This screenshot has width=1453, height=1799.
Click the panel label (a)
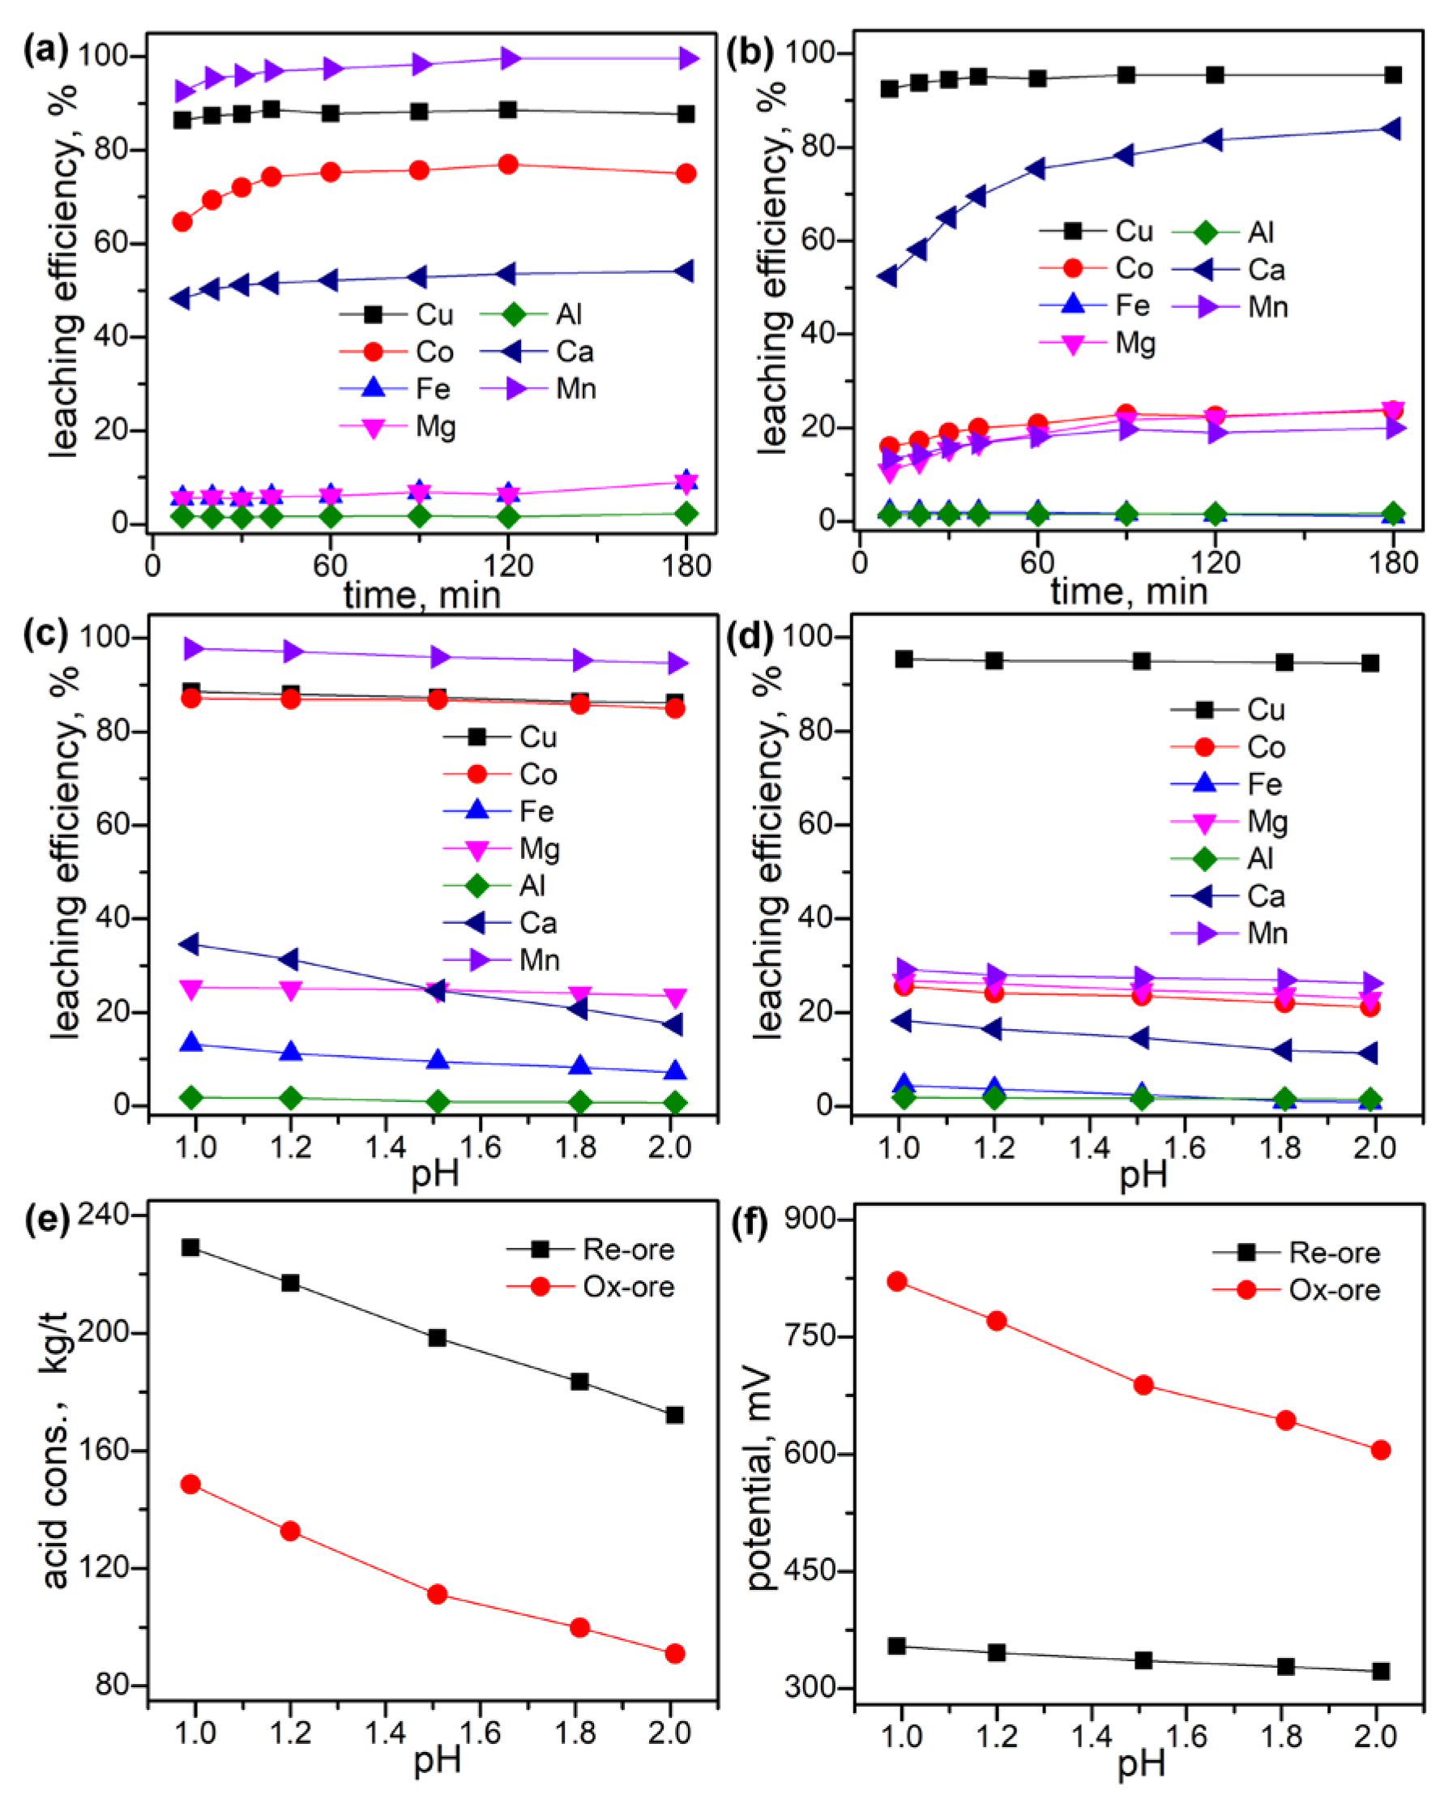tap(45, 52)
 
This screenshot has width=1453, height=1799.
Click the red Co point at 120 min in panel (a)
tap(507, 165)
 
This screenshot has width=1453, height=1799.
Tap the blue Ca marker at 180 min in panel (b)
tap(1392, 129)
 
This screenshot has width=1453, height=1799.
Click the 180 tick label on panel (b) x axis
tap(1393, 562)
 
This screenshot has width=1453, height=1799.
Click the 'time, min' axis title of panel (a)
tap(422, 594)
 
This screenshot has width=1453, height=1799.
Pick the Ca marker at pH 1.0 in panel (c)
tap(192, 945)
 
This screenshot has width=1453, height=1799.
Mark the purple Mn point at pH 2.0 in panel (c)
tap(674, 664)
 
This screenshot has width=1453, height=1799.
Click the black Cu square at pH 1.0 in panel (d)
tap(904, 660)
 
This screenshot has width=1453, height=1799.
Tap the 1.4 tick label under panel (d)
tap(1090, 1147)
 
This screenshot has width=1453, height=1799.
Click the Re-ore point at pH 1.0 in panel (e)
tap(190, 1248)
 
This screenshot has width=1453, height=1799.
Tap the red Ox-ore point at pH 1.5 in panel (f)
tap(1143, 1385)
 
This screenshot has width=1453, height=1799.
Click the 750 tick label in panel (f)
tap(808, 1336)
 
